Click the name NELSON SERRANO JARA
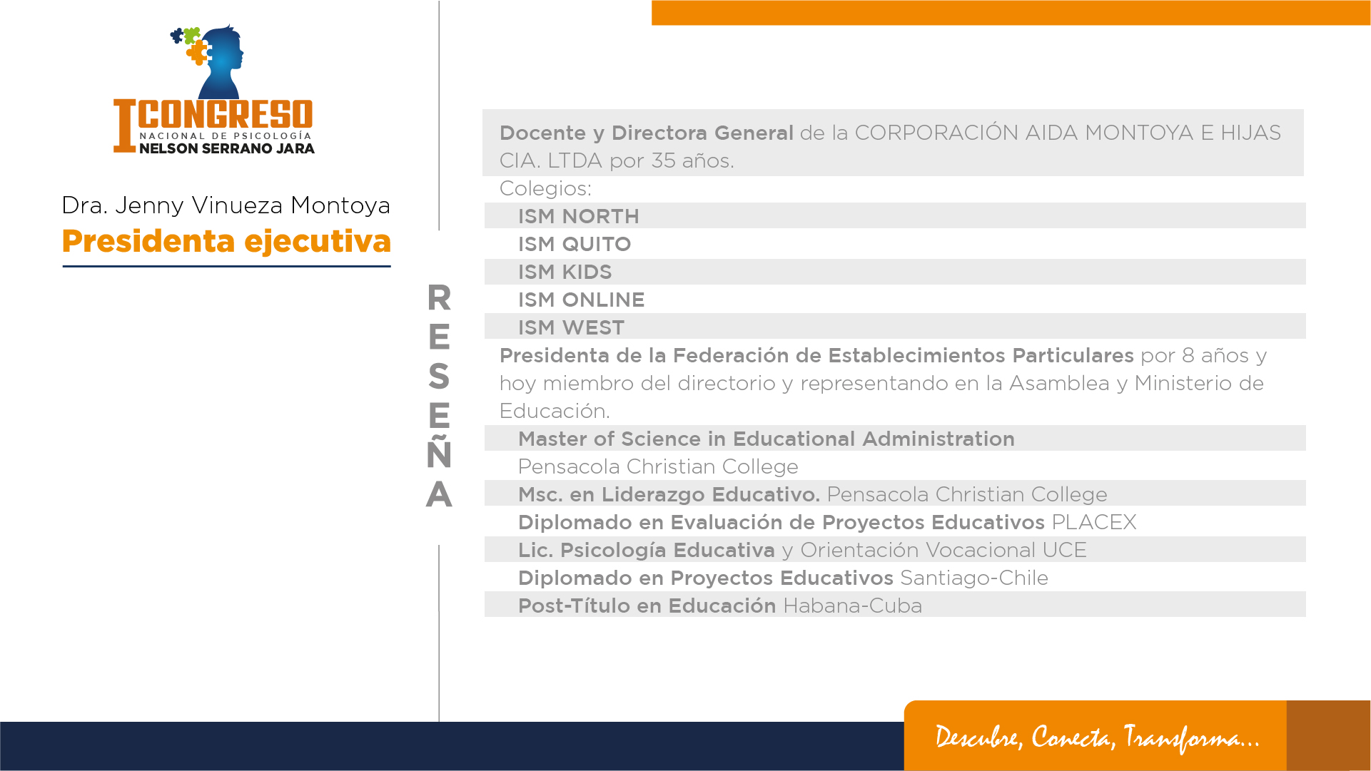[227, 148]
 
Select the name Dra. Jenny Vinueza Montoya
[226, 205]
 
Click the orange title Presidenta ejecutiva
[226, 242]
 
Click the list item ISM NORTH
[579, 216]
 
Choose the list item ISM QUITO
[575, 244]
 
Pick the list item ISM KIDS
[565, 272]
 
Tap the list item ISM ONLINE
[582, 300]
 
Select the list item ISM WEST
[572, 327]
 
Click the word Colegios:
[546, 188]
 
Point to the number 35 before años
[664, 160]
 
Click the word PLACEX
[1094, 522]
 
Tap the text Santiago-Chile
[974, 578]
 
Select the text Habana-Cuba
[853, 606]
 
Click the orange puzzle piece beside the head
[198, 52]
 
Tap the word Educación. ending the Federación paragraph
[555, 411]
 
